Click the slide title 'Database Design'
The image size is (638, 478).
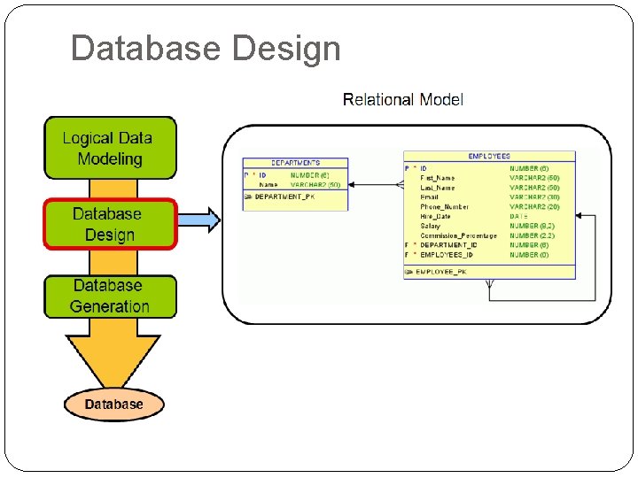[205, 48]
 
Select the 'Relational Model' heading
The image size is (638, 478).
[402, 100]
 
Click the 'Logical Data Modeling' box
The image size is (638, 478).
[110, 149]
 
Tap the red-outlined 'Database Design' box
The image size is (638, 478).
[110, 224]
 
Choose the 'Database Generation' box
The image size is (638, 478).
[110, 297]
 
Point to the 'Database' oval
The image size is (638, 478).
[113, 405]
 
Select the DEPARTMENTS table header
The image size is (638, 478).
[295, 163]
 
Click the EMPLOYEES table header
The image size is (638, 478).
[488, 157]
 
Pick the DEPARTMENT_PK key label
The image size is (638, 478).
[286, 197]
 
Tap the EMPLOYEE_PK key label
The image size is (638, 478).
[440, 271]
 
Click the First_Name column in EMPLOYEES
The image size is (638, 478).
[438, 178]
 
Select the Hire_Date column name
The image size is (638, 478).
[436, 216]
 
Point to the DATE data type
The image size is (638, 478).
[518, 216]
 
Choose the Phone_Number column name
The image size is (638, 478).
[444, 206]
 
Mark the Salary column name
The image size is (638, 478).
[431, 226]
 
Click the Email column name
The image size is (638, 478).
[430, 197]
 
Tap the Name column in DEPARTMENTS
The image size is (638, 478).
[268, 184]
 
